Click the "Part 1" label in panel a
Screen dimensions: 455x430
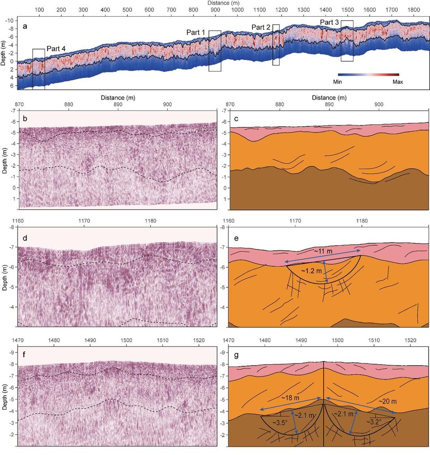coord(195,32)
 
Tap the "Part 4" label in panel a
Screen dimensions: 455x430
coord(56,49)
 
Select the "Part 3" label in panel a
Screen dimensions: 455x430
coord(330,22)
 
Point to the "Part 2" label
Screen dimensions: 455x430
coord(261,27)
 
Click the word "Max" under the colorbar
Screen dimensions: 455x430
coord(397,82)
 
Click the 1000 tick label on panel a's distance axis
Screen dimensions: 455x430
coord(237,10)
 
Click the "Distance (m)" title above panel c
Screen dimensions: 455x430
coord(329,98)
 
